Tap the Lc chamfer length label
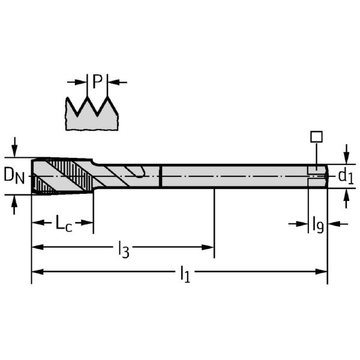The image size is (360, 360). [63, 223]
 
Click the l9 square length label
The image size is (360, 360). [317, 224]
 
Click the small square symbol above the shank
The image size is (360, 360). [316, 136]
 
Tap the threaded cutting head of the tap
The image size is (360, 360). [60, 176]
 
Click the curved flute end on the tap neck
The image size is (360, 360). [139, 175]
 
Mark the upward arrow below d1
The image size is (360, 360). [346, 199]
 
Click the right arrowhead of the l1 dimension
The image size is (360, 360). [322, 271]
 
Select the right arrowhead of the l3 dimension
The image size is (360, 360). [209, 246]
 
